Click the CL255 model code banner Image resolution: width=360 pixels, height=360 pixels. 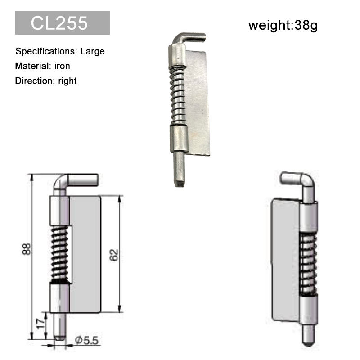pos(63,23)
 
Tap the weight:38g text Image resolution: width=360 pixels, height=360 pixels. pos(283,25)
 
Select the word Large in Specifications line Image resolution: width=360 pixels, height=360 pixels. pos(93,51)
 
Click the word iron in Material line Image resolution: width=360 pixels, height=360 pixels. pos(62,66)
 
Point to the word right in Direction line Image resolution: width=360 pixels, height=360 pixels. pos(67,81)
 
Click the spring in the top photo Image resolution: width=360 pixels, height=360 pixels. pos(178,95)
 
